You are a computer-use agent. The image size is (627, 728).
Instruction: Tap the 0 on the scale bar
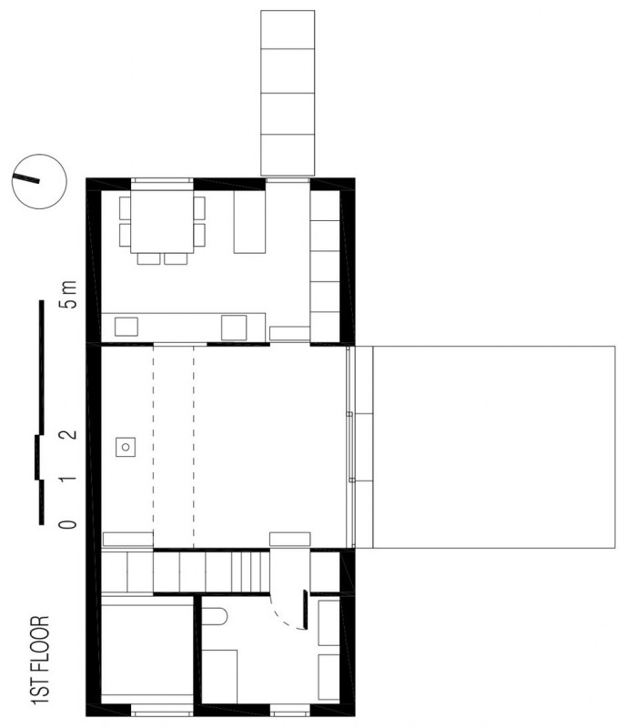pos(68,525)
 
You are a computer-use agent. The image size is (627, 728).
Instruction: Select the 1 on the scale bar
pos(68,479)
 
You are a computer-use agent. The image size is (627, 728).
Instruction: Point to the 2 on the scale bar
pos(68,435)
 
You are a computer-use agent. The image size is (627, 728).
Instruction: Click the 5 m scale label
pos(67,294)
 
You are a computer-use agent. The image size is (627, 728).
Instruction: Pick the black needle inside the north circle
pos(26,177)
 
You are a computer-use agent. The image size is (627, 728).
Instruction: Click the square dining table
pos(162,221)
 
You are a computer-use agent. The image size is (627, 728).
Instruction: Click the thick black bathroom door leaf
pos(305,610)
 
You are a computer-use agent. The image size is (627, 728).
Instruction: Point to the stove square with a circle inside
pos(126,447)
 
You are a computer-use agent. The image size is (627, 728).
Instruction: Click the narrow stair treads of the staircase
pos(250,571)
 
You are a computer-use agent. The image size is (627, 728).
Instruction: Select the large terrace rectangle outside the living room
pos(494,447)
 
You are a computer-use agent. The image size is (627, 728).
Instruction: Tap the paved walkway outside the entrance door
pos(288,94)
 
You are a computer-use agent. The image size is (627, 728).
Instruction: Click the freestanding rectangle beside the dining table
pos(249,221)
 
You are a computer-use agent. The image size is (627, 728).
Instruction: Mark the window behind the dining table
pos(162,184)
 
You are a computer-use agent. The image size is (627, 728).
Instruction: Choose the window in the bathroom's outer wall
pos(289,710)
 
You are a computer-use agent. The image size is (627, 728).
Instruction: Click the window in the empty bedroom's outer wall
pos(162,710)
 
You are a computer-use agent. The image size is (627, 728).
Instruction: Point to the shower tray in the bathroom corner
pos(219,676)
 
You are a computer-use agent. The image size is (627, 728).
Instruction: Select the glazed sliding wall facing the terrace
pos(350,447)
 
